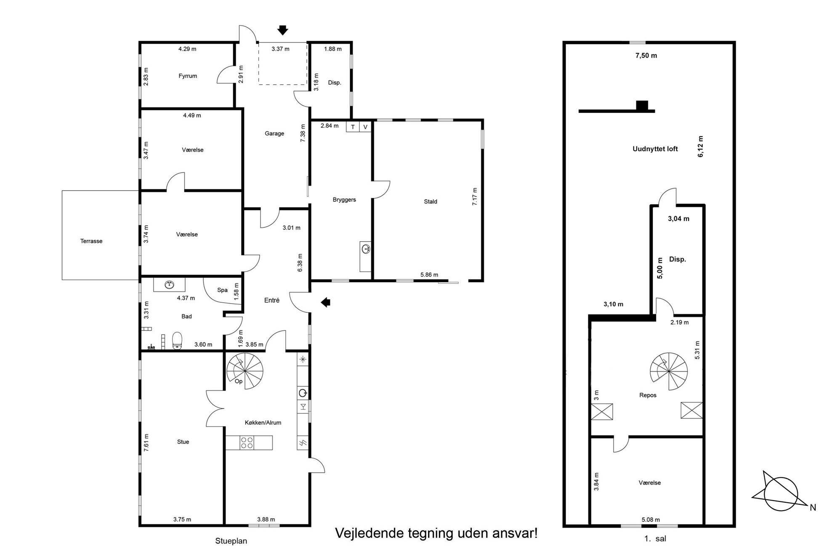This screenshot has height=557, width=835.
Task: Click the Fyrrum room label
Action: click(188, 76)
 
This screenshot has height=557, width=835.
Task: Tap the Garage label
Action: click(274, 133)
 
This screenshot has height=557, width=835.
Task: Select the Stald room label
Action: click(431, 202)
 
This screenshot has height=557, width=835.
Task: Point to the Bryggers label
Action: click(344, 200)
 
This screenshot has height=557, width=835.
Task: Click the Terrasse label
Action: click(91, 241)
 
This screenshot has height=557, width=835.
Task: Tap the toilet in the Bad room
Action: click(177, 341)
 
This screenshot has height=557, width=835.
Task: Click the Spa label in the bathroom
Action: click(222, 290)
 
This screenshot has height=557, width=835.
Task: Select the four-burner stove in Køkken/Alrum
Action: click(247, 442)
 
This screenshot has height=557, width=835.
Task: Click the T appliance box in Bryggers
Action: click(353, 127)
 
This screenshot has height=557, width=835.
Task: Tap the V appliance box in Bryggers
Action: click(365, 127)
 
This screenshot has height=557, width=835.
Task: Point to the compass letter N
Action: click(813, 508)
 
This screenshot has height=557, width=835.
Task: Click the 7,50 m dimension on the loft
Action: click(646, 56)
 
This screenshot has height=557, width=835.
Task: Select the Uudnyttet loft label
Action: click(655, 149)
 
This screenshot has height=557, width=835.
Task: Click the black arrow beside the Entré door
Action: click(326, 302)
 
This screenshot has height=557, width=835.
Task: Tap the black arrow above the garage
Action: click(283, 30)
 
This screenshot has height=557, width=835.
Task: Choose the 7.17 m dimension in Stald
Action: click(475, 197)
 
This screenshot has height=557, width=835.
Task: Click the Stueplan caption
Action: click(231, 541)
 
